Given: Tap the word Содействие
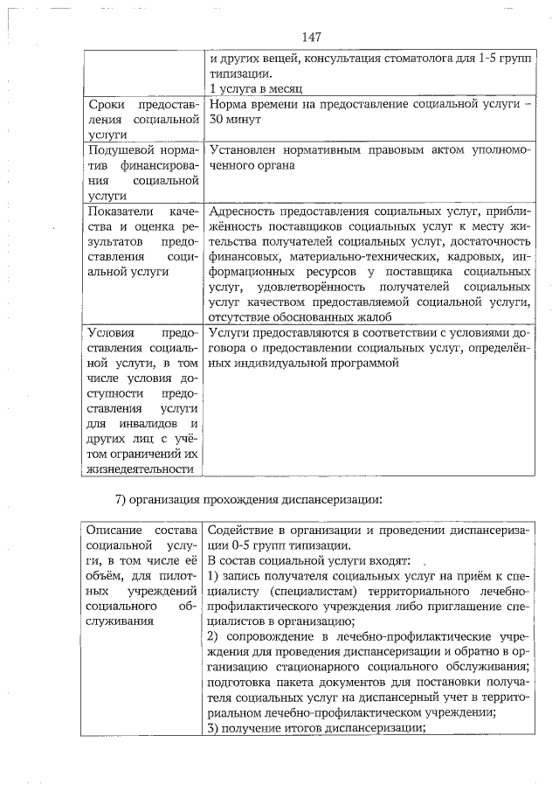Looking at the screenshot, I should click(244, 531).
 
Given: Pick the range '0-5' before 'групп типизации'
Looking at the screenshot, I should click(238, 545).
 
